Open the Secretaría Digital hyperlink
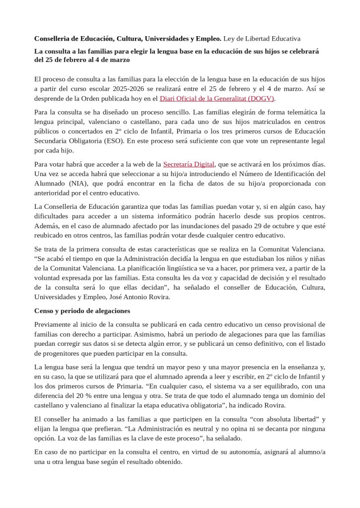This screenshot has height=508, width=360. click(189, 164)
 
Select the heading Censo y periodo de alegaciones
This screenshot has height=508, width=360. click(82, 311)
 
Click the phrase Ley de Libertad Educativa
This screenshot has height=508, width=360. click(262, 38)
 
